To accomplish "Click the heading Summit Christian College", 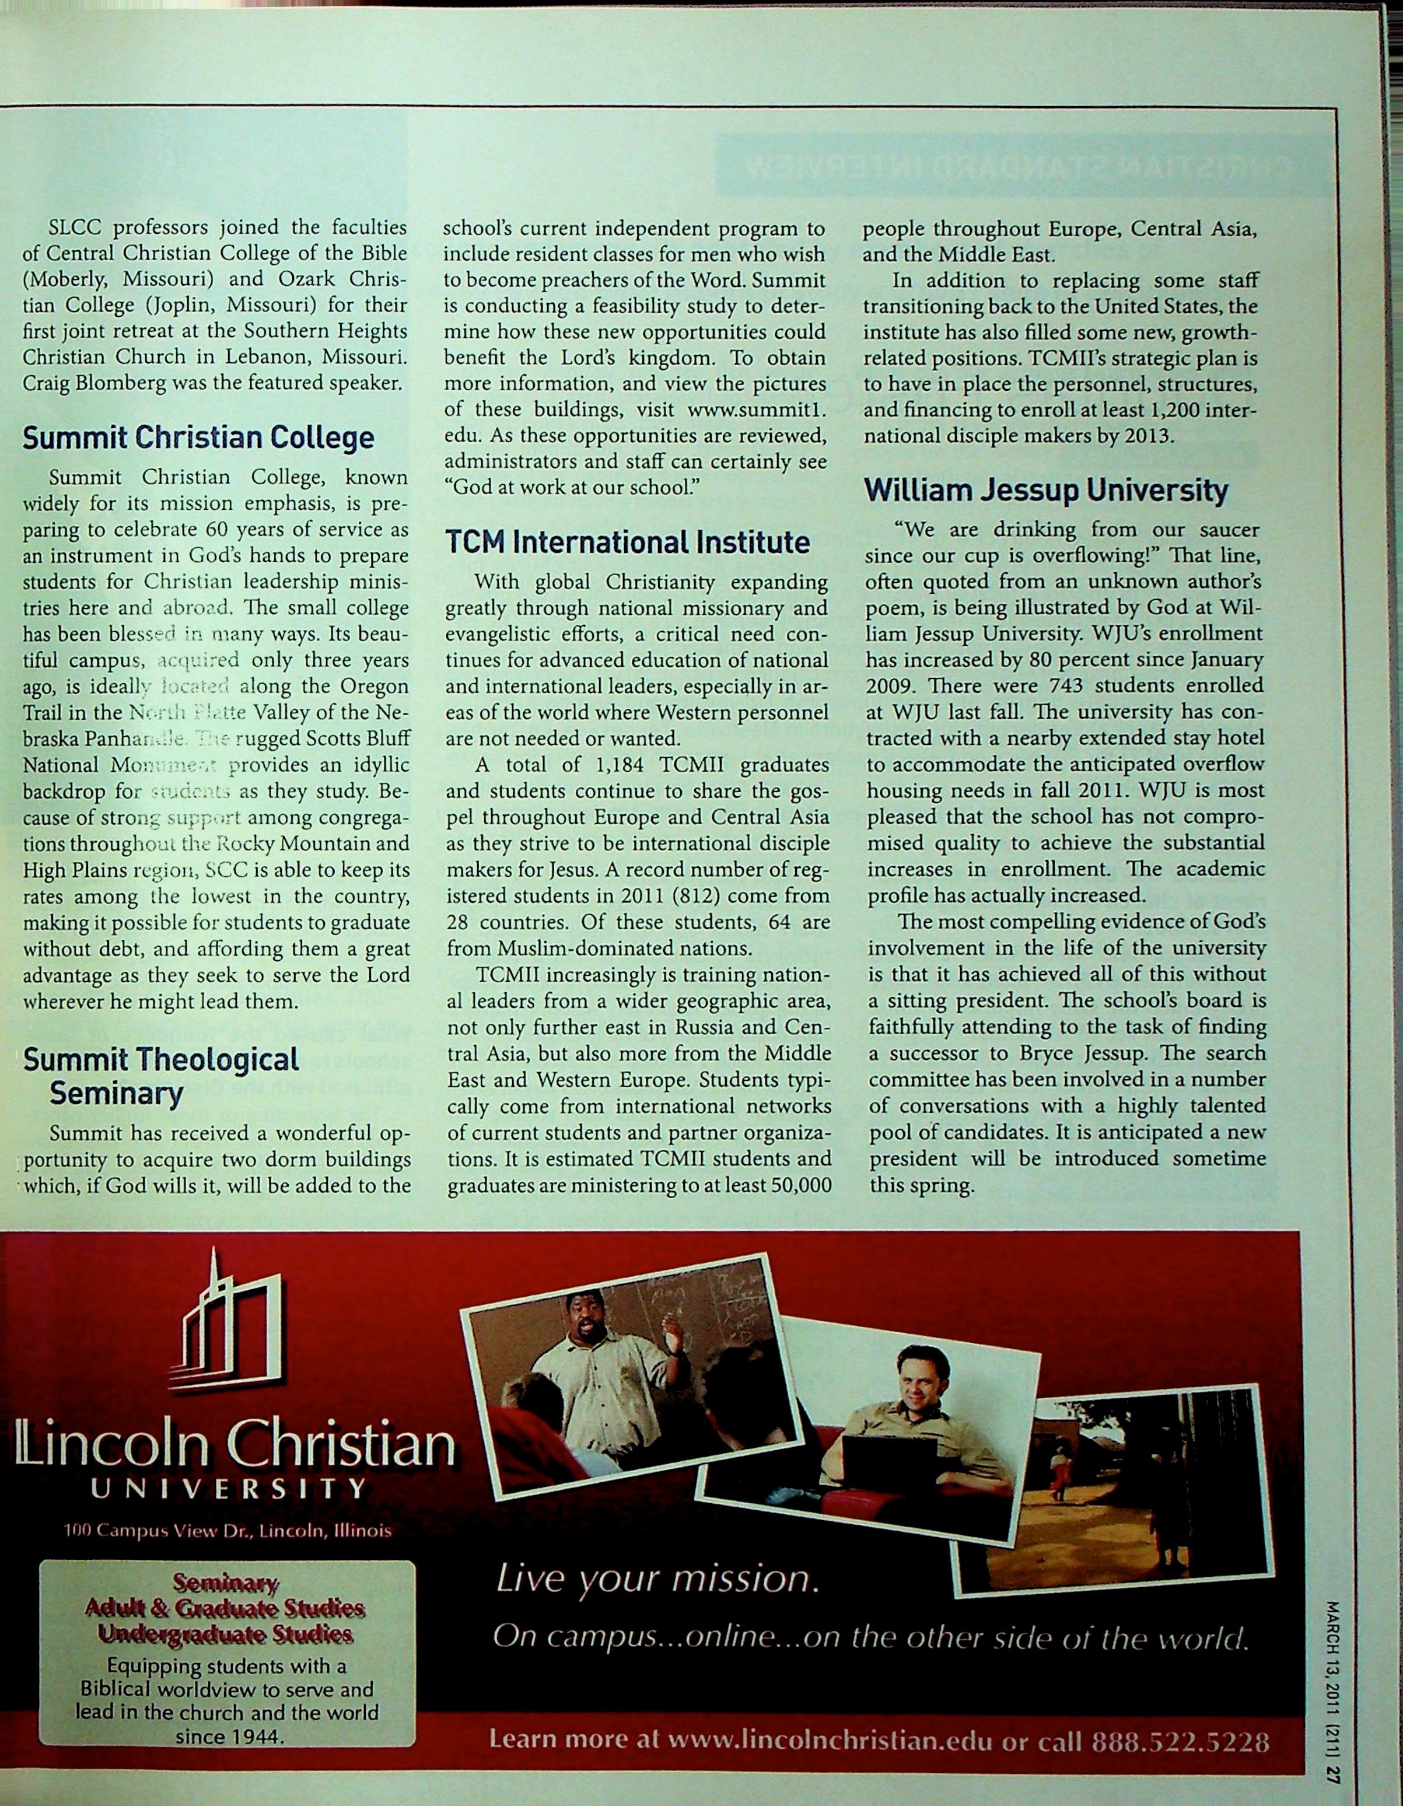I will coord(198,437).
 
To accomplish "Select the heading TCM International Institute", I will coord(628,542).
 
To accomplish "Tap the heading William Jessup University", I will coord(1046,491).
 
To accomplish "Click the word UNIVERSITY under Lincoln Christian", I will coord(228,1489).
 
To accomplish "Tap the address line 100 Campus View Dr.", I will coord(228,1531).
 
